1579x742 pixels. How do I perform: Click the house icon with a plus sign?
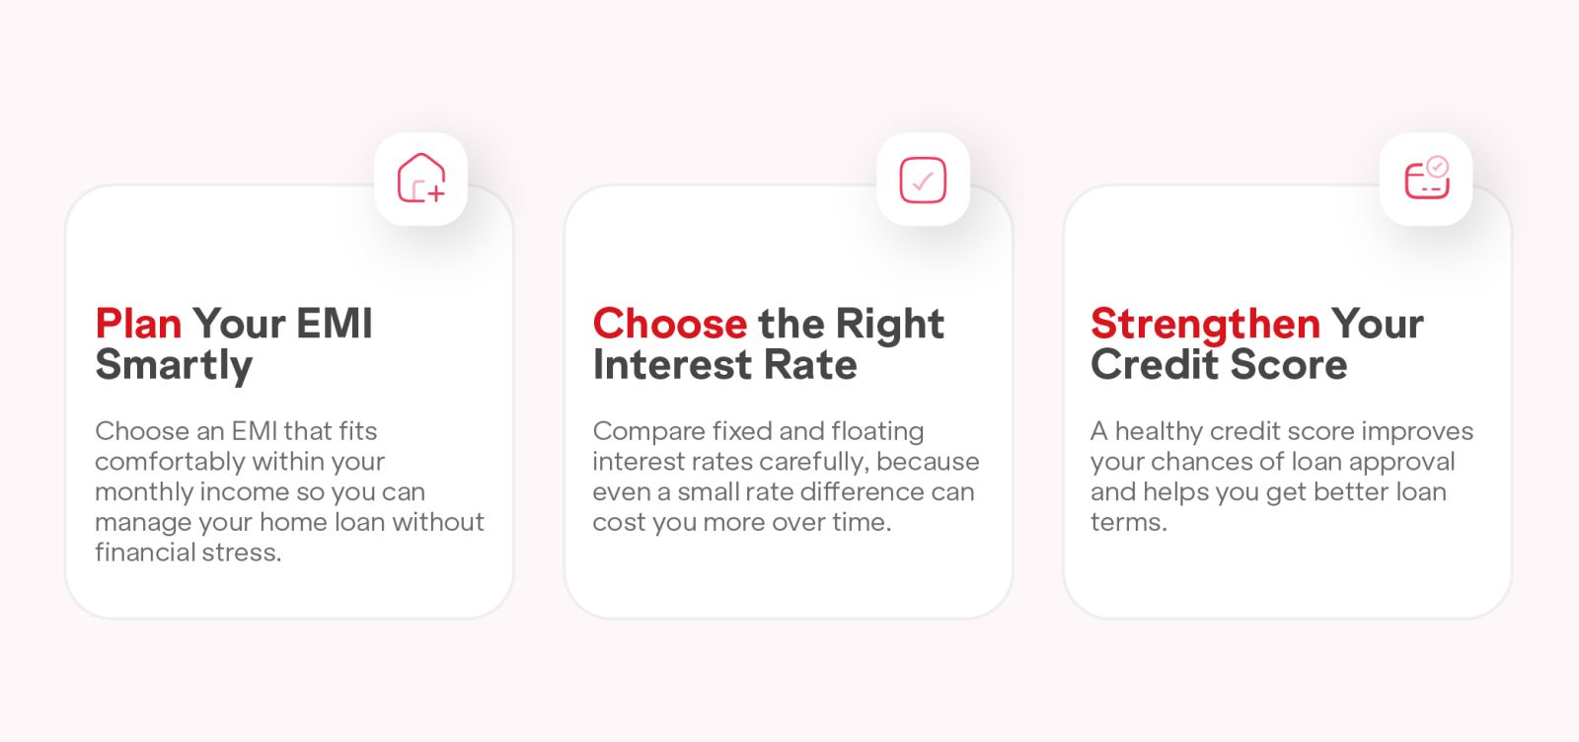[420, 179]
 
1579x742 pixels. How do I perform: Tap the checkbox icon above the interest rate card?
[923, 180]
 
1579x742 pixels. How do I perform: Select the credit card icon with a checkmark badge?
[1427, 179]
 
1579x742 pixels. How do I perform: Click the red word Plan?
[138, 325]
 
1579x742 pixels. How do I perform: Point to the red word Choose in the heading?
[670, 324]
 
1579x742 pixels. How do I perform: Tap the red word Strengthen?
[1205, 324]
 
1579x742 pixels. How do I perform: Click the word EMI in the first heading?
[335, 324]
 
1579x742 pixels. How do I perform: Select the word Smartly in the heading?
[174, 366]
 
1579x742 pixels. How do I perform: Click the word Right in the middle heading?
[889, 325]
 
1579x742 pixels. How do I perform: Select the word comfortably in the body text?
[170, 462]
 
